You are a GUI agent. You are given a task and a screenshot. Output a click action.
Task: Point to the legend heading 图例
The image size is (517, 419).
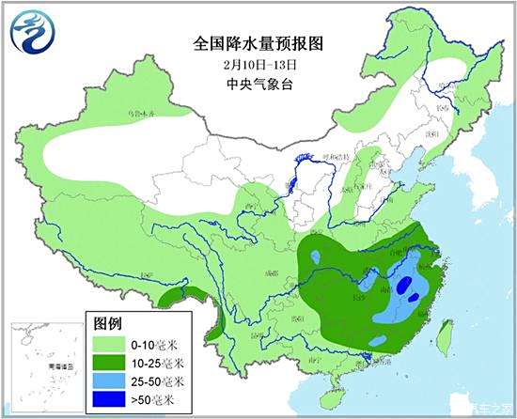coord(107,322)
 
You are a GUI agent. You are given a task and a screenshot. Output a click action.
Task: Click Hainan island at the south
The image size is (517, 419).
coord(336,382)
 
